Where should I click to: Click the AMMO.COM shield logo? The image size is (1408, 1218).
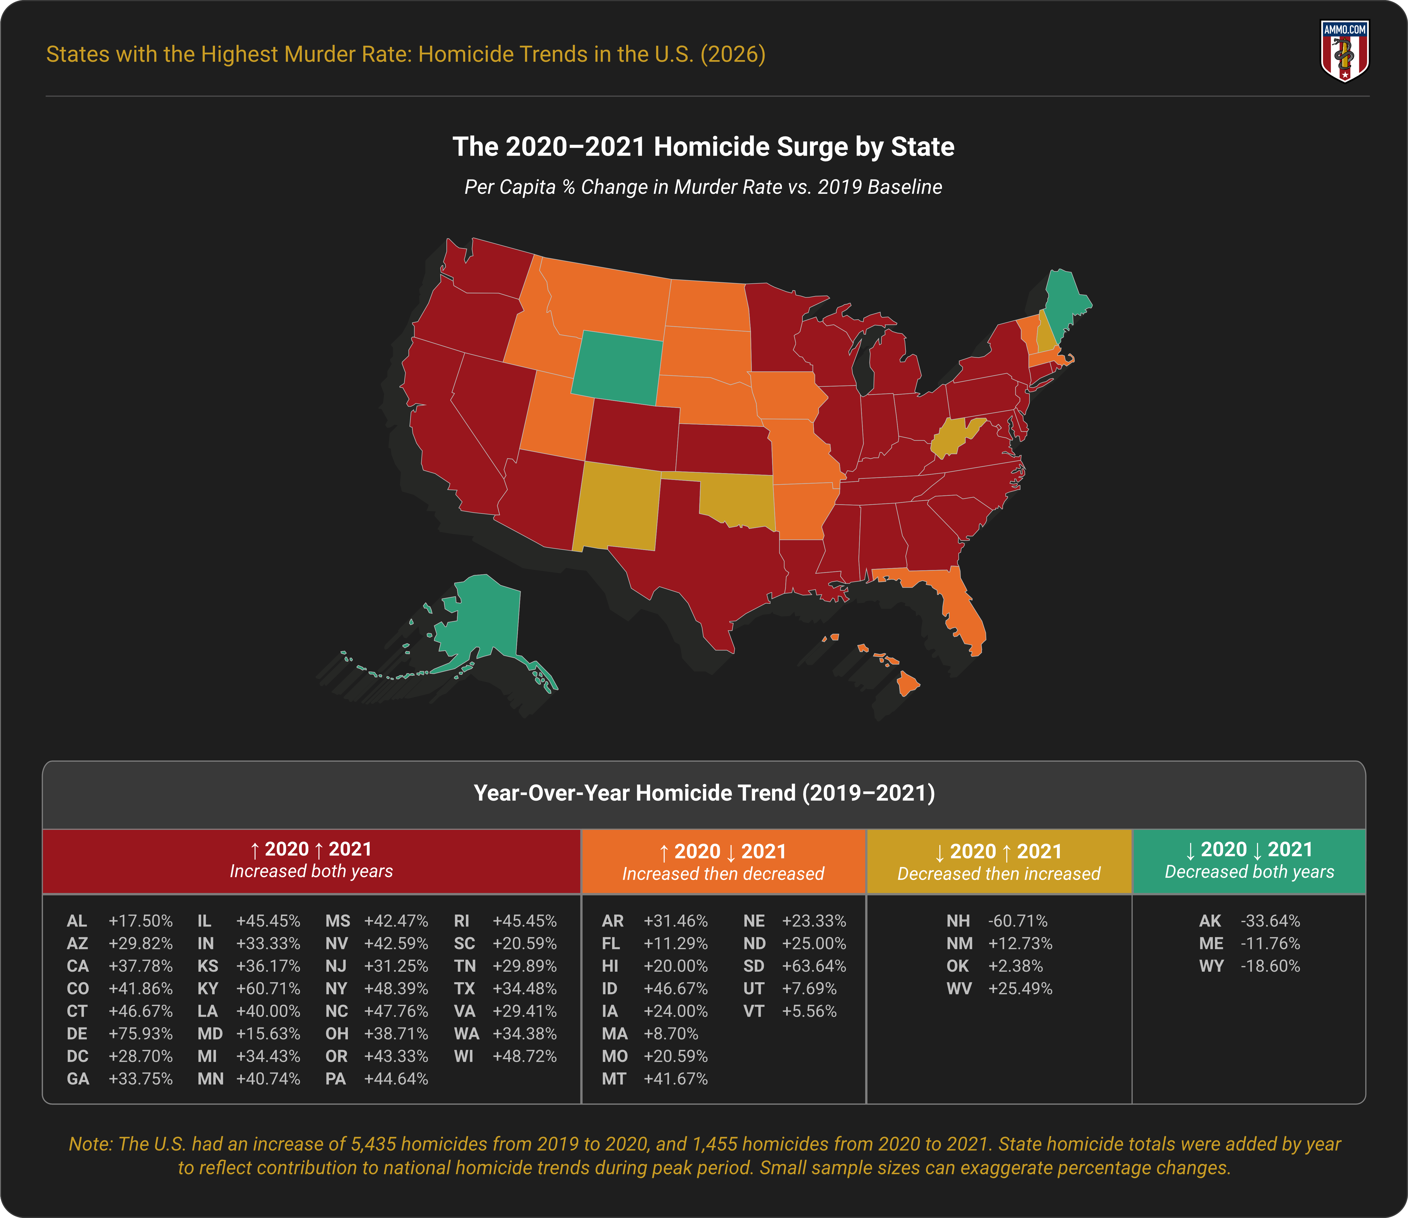(x=1344, y=51)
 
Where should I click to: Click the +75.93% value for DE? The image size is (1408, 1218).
(x=141, y=1034)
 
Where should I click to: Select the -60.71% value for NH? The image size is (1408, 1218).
(x=1018, y=921)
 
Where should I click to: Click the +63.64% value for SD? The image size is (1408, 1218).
(x=814, y=966)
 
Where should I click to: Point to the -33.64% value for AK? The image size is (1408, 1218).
(x=1270, y=921)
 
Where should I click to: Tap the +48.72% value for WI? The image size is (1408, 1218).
(x=524, y=1056)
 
